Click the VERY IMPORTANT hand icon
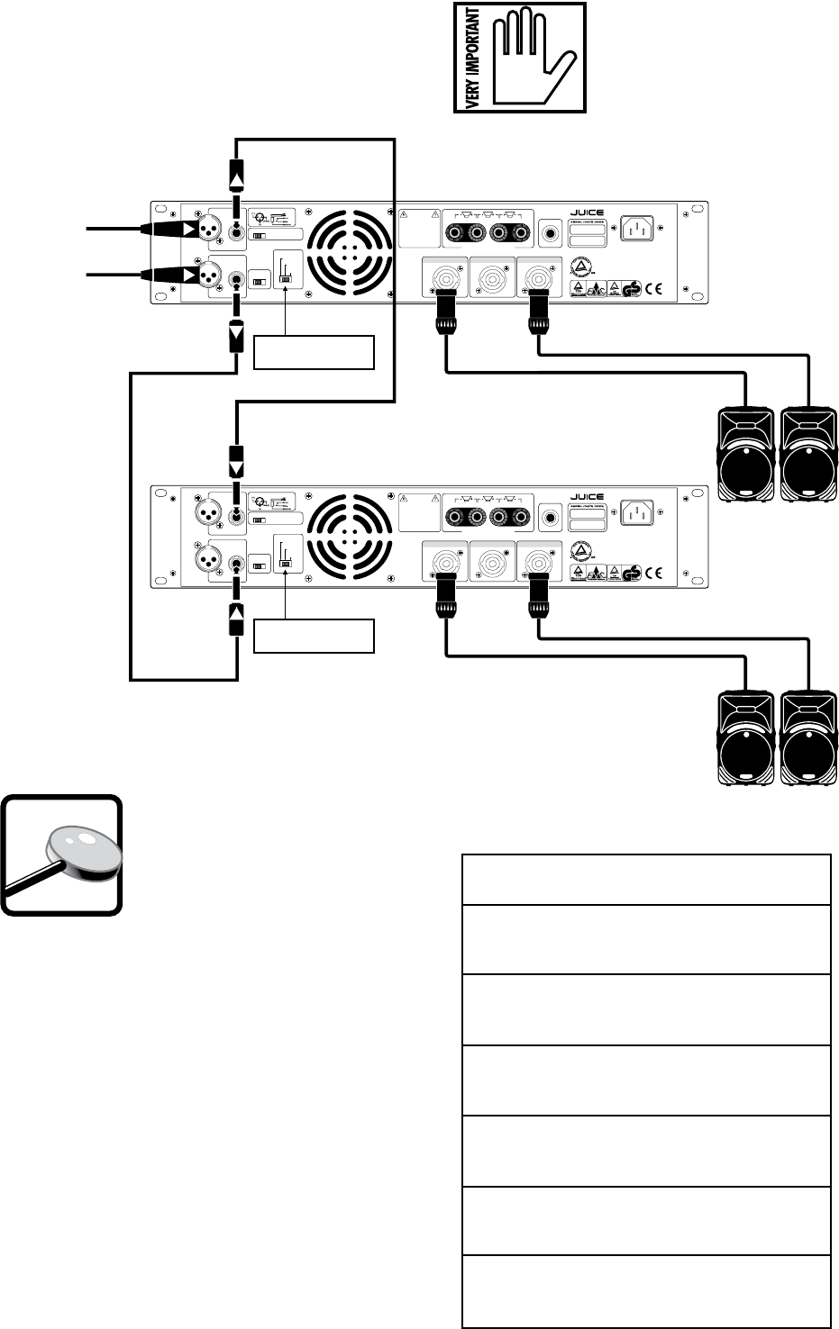[519, 57]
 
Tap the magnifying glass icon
[61, 855]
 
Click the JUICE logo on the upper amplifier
[587, 213]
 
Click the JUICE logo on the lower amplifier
[587, 497]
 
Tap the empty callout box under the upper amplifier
[314, 352]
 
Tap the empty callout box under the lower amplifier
[314, 636]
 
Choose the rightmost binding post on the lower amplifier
[521, 517]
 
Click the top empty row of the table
[646, 880]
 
